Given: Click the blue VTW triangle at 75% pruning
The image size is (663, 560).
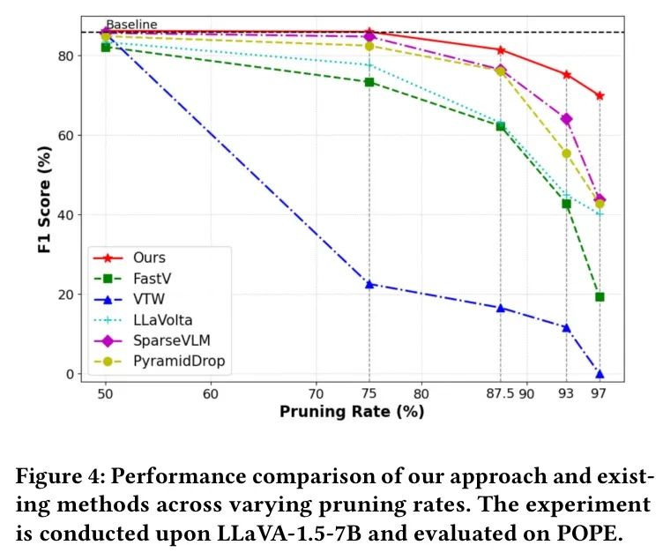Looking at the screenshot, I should [369, 284].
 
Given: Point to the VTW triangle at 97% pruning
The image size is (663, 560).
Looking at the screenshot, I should [600, 374].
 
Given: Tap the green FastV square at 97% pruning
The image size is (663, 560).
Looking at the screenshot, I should [600, 297].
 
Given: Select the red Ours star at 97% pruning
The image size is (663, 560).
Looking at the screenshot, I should [600, 95].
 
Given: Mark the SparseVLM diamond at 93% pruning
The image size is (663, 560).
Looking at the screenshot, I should [566, 119].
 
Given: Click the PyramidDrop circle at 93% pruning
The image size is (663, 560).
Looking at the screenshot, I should [566, 153].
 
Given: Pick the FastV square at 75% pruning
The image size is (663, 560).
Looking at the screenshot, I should [369, 82].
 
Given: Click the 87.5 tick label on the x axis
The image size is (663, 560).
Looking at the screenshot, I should [500, 394].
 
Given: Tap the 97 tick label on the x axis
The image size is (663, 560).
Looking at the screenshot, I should [600, 394].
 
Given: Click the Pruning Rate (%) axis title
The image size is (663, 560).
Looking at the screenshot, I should [352, 412].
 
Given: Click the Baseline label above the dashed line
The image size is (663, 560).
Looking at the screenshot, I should [131, 25].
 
